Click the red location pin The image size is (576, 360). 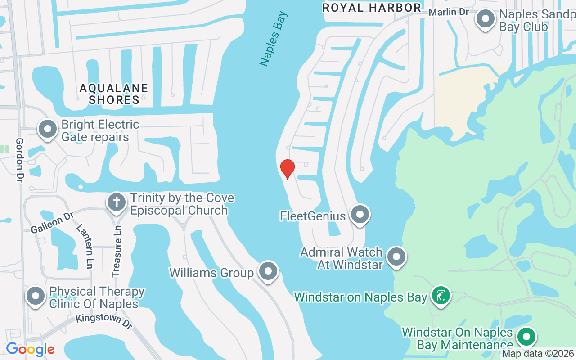pyautogui.click(x=287, y=169)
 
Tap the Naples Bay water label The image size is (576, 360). pyautogui.click(x=274, y=39)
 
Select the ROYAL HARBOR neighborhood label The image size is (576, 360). pyautogui.click(x=372, y=8)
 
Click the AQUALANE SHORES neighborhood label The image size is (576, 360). pyautogui.click(x=114, y=94)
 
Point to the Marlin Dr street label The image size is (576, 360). pyautogui.click(x=449, y=12)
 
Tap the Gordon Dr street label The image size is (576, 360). pyautogui.click(x=20, y=160)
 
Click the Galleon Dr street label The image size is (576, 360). pyautogui.click(x=52, y=223)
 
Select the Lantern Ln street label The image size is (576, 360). pyautogui.click(x=84, y=246)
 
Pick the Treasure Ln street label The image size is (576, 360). pyautogui.click(x=117, y=251)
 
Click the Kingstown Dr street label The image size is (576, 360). pyautogui.click(x=104, y=321)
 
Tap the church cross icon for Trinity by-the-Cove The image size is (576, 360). pyautogui.click(x=117, y=202)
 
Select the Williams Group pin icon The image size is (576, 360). pyautogui.click(x=268, y=271)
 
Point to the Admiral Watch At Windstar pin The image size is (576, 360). pyautogui.click(x=396, y=257)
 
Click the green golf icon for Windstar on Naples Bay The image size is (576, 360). pyautogui.click(x=441, y=296)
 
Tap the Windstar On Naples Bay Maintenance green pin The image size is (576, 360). pyautogui.click(x=526, y=337)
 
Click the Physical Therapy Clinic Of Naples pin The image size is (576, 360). pyautogui.click(x=36, y=296)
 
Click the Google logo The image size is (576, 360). pyautogui.click(x=30, y=349)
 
